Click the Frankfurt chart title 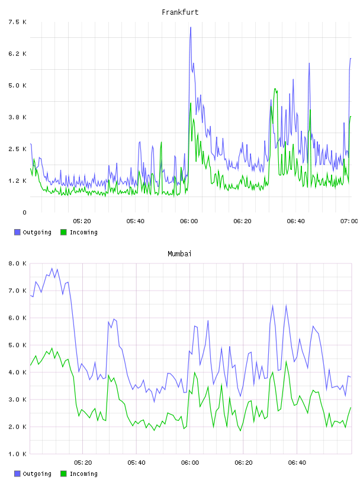click(x=180, y=12)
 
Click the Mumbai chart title click(x=179, y=254)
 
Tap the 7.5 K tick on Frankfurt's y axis click(x=17, y=22)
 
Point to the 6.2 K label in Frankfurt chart click(x=17, y=54)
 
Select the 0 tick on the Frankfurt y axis click(x=24, y=212)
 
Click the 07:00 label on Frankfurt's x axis click(x=349, y=221)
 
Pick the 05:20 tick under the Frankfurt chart click(x=82, y=221)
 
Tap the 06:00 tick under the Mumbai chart click(x=190, y=462)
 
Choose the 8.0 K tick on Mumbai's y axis click(x=17, y=263)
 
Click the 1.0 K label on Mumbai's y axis click(x=17, y=454)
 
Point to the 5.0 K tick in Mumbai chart click(x=17, y=345)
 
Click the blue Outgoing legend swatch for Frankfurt click(x=17, y=232)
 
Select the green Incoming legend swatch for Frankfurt click(x=63, y=232)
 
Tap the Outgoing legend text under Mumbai click(x=37, y=474)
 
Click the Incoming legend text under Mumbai click(x=83, y=474)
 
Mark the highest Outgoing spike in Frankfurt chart click(x=191, y=27)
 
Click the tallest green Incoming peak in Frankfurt click(x=275, y=89)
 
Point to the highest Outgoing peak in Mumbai click(x=52, y=268)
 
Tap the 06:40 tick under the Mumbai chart click(x=297, y=462)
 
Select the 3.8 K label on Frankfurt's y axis click(x=17, y=117)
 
